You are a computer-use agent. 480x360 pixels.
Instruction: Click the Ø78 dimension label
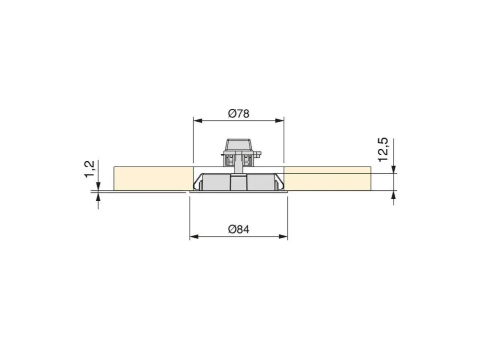click(x=239, y=113)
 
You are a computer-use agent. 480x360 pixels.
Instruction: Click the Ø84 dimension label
click(x=239, y=229)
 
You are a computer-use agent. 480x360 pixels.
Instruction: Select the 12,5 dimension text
click(x=383, y=150)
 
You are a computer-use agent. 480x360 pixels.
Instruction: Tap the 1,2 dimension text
click(x=90, y=169)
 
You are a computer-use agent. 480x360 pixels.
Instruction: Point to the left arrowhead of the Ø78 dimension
click(x=198, y=121)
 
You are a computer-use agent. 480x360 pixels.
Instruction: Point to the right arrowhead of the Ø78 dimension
click(x=280, y=121)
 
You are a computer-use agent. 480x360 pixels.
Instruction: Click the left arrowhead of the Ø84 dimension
click(x=194, y=236)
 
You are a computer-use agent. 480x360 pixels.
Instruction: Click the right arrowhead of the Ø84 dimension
click(x=283, y=236)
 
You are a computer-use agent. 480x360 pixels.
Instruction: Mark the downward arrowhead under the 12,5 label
click(x=394, y=169)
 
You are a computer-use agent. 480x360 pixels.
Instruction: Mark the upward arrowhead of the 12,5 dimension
click(x=394, y=195)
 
